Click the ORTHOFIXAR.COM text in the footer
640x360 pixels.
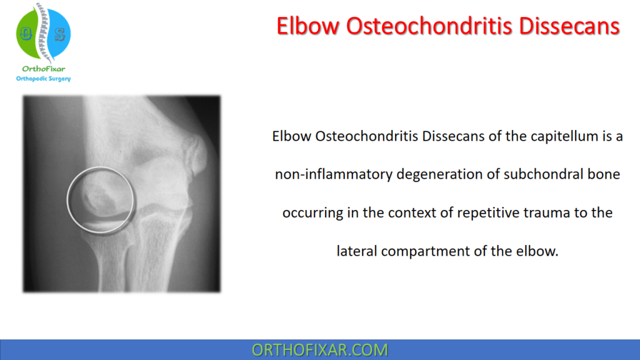(x=319, y=350)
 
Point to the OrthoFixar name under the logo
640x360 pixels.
(x=42, y=69)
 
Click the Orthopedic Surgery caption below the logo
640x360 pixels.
(x=42, y=79)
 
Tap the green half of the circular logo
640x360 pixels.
(x=27, y=34)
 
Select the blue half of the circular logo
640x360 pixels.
(x=58, y=34)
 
